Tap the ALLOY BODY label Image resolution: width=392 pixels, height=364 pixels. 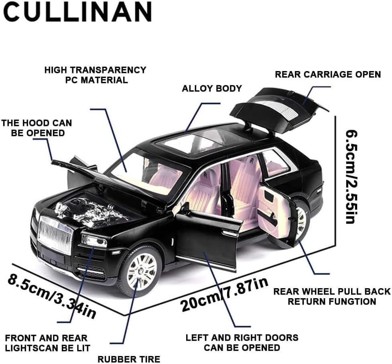(211, 88)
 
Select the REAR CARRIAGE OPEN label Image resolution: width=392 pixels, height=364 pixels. (327, 74)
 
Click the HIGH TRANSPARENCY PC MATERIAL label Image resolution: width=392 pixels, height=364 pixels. (95, 75)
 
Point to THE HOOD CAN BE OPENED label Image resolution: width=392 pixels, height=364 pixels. (37, 128)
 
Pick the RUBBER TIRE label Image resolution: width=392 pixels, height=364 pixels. (129, 358)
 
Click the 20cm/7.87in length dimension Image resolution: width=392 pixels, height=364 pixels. (224, 295)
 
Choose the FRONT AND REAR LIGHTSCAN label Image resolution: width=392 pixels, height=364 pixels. (48, 343)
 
